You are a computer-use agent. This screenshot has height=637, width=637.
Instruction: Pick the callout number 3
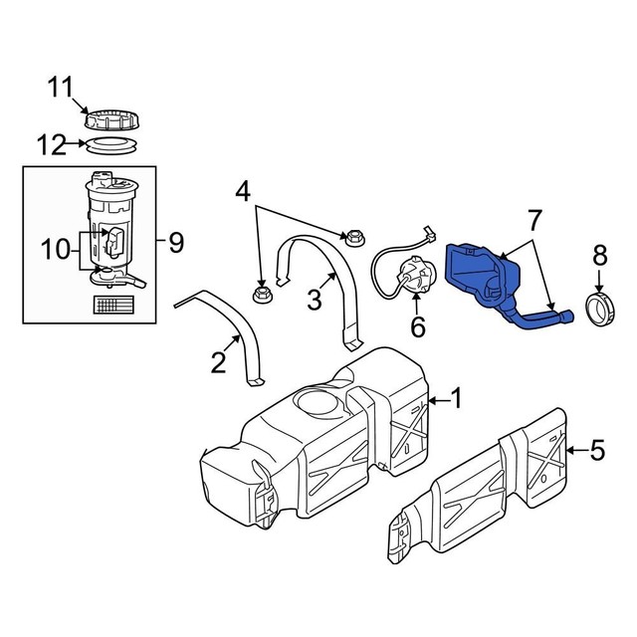click(x=315, y=298)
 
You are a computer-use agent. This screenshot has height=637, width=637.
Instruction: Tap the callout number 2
click(x=219, y=362)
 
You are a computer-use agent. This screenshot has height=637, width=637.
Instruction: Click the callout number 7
click(x=533, y=220)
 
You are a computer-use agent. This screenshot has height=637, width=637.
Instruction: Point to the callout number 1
click(x=456, y=399)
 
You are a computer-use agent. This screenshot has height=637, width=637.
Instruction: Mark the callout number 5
click(x=597, y=451)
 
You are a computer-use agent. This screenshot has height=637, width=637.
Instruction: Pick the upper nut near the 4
click(x=352, y=237)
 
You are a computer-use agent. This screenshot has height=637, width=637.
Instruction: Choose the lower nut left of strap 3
click(x=263, y=295)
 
